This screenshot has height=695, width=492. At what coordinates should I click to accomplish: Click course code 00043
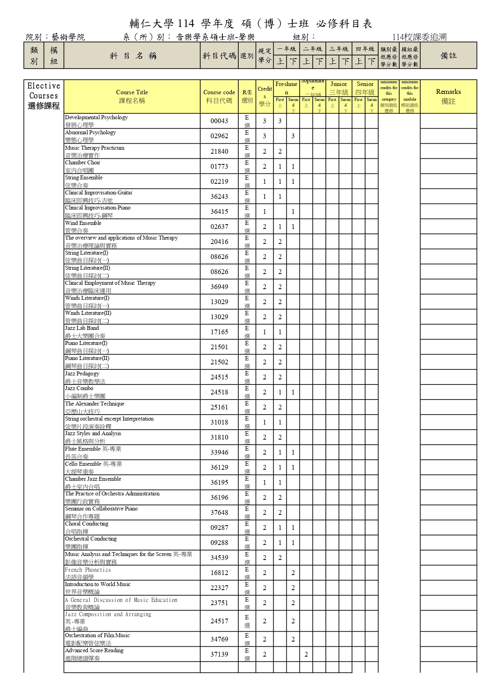(219, 121)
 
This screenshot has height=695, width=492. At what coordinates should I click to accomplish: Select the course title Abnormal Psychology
(90, 133)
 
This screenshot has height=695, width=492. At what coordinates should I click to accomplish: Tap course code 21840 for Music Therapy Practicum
(219, 151)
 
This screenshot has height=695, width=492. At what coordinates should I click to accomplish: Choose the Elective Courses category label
(44, 96)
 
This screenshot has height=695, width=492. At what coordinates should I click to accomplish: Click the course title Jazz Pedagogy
(82, 373)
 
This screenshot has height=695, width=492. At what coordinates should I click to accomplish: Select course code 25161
(219, 407)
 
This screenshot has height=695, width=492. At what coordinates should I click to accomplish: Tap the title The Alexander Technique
(95, 404)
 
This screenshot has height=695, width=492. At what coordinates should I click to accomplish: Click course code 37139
(219, 654)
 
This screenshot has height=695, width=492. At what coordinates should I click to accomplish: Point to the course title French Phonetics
(88, 570)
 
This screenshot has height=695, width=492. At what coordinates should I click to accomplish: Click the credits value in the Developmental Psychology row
(264, 121)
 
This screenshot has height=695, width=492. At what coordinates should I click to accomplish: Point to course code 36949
(219, 287)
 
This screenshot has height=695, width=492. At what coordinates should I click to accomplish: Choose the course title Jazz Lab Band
(82, 328)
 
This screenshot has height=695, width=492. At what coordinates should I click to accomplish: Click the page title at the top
(251, 24)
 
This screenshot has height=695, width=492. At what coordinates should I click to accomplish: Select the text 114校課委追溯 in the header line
(419, 37)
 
